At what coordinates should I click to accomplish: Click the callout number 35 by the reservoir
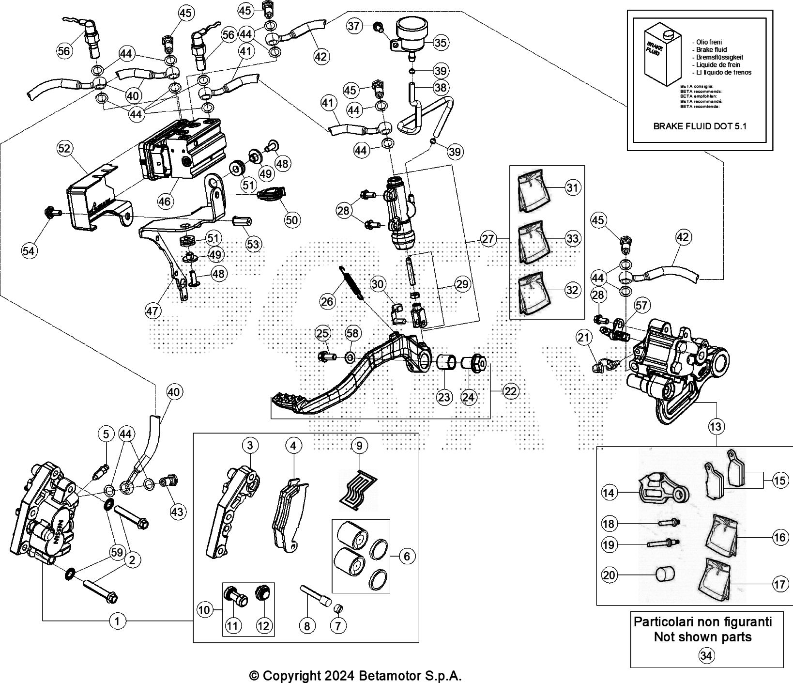440,43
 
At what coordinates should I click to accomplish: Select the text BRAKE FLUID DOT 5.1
700,126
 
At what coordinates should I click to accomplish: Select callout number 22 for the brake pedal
510,391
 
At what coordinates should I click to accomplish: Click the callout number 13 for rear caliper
716,427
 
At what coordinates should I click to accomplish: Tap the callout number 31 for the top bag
572,187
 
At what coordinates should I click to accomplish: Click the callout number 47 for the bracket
152,310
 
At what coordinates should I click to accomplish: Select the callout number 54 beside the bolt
29,250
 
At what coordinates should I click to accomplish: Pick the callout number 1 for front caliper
117,621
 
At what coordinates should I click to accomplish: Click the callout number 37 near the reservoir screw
355,25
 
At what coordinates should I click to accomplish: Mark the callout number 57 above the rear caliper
641,305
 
